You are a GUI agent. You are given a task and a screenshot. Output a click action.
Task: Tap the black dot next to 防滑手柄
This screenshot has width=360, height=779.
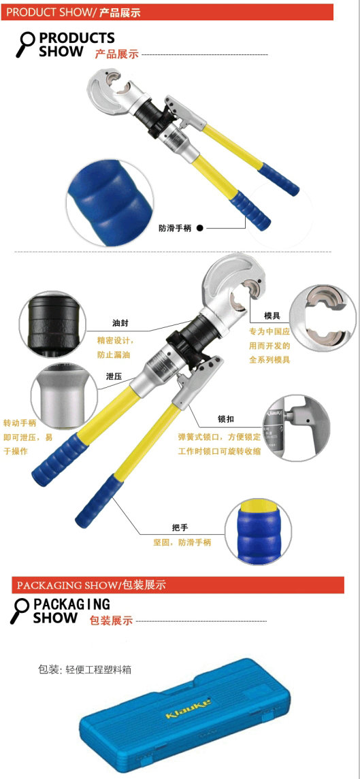click(x=200, y=228)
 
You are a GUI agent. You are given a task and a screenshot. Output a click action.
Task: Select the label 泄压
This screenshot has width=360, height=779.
click(x=114, y=377)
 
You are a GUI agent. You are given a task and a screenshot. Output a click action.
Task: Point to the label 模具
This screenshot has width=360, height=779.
click(x=258, y=316)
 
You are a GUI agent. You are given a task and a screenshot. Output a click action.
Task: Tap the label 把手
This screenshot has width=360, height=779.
click(x=179, y=527)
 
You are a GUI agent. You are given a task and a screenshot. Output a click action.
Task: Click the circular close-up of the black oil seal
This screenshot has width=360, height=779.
click(x=52, y=325)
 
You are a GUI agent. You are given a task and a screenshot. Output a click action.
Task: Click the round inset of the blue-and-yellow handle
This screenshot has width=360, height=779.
click(x=258, y=531)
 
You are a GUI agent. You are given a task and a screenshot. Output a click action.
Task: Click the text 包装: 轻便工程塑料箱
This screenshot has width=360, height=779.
click(x=84, y=669)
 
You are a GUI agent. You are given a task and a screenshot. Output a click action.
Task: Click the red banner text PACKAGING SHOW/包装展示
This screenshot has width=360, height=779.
click(x=91, y=584)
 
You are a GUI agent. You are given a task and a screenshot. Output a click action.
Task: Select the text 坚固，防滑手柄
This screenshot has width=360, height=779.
click(x=182, y=542)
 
